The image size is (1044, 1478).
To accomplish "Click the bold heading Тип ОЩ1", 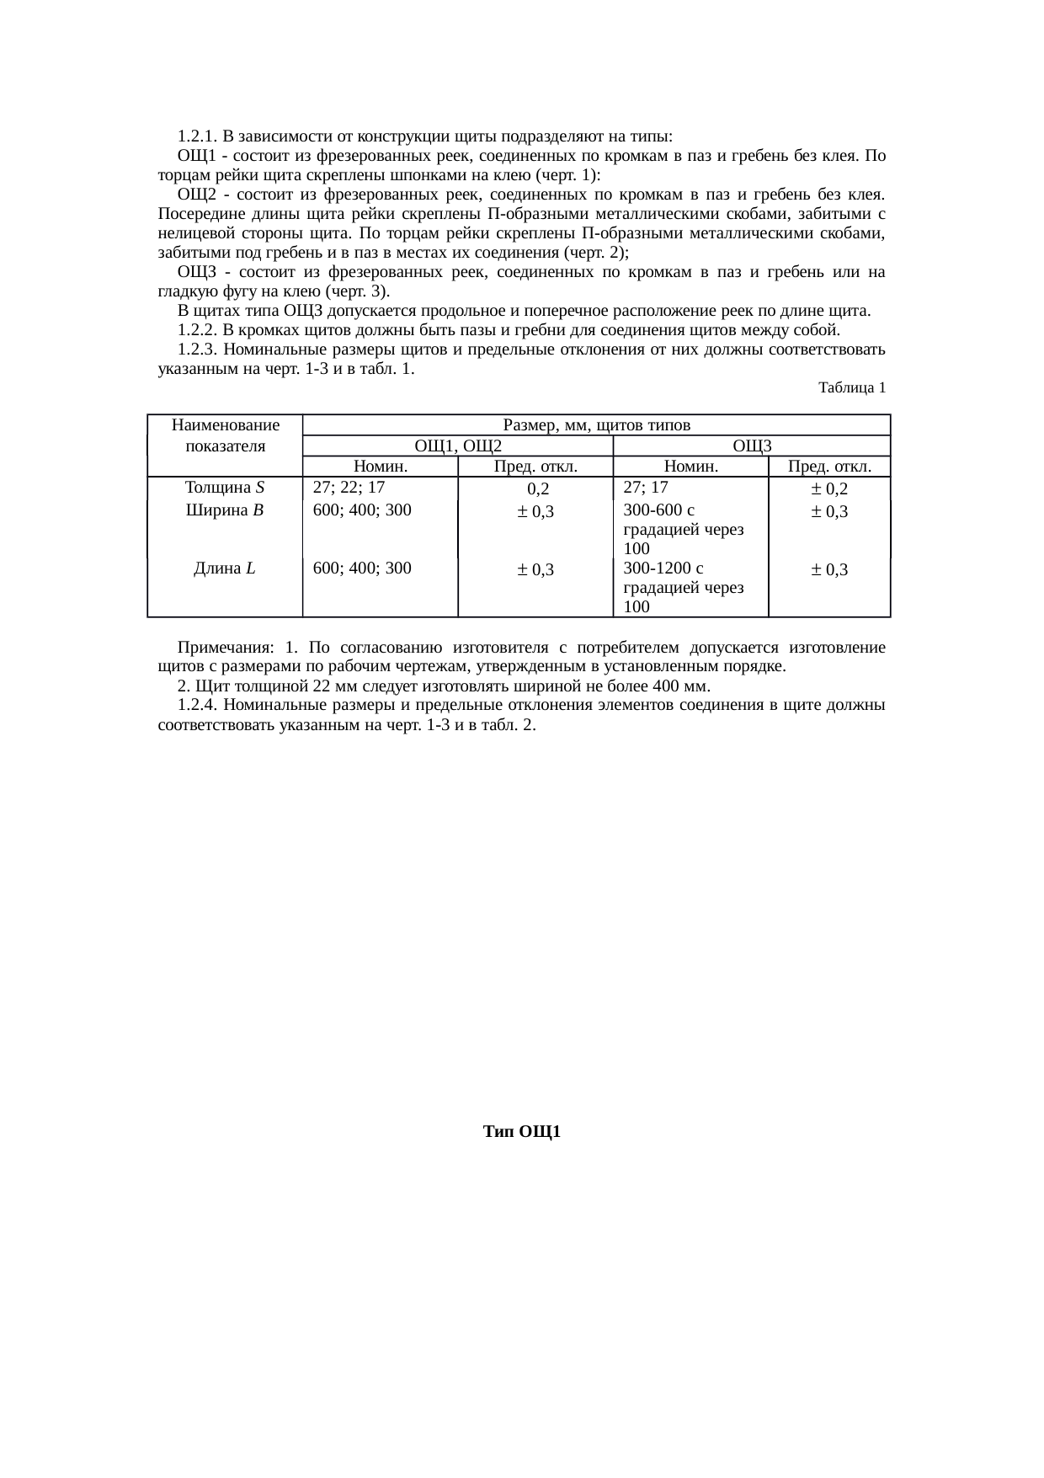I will pos(522,1131).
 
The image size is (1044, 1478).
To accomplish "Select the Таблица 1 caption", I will pos(851,387).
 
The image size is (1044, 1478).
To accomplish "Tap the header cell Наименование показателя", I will pos(225,435).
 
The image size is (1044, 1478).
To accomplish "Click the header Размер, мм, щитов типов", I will pos(596,424).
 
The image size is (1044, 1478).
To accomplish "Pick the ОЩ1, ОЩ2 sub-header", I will pos(457,446).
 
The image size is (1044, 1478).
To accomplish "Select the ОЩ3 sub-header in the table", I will pos(752,446).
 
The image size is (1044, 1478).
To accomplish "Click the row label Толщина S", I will pos(225,487).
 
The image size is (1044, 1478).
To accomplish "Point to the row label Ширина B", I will pos(225,510).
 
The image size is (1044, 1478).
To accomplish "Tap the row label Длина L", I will pos(225,568).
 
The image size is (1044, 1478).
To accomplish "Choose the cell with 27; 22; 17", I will pos(349,487).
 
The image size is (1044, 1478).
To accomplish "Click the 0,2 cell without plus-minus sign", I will pos(537,488).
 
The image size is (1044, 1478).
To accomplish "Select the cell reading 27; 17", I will pos(646,487).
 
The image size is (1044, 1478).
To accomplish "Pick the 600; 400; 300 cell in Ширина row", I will pos(362,510).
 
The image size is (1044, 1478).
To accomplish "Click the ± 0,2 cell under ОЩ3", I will pos(829,488).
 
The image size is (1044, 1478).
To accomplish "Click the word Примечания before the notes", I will pos(225,648).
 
